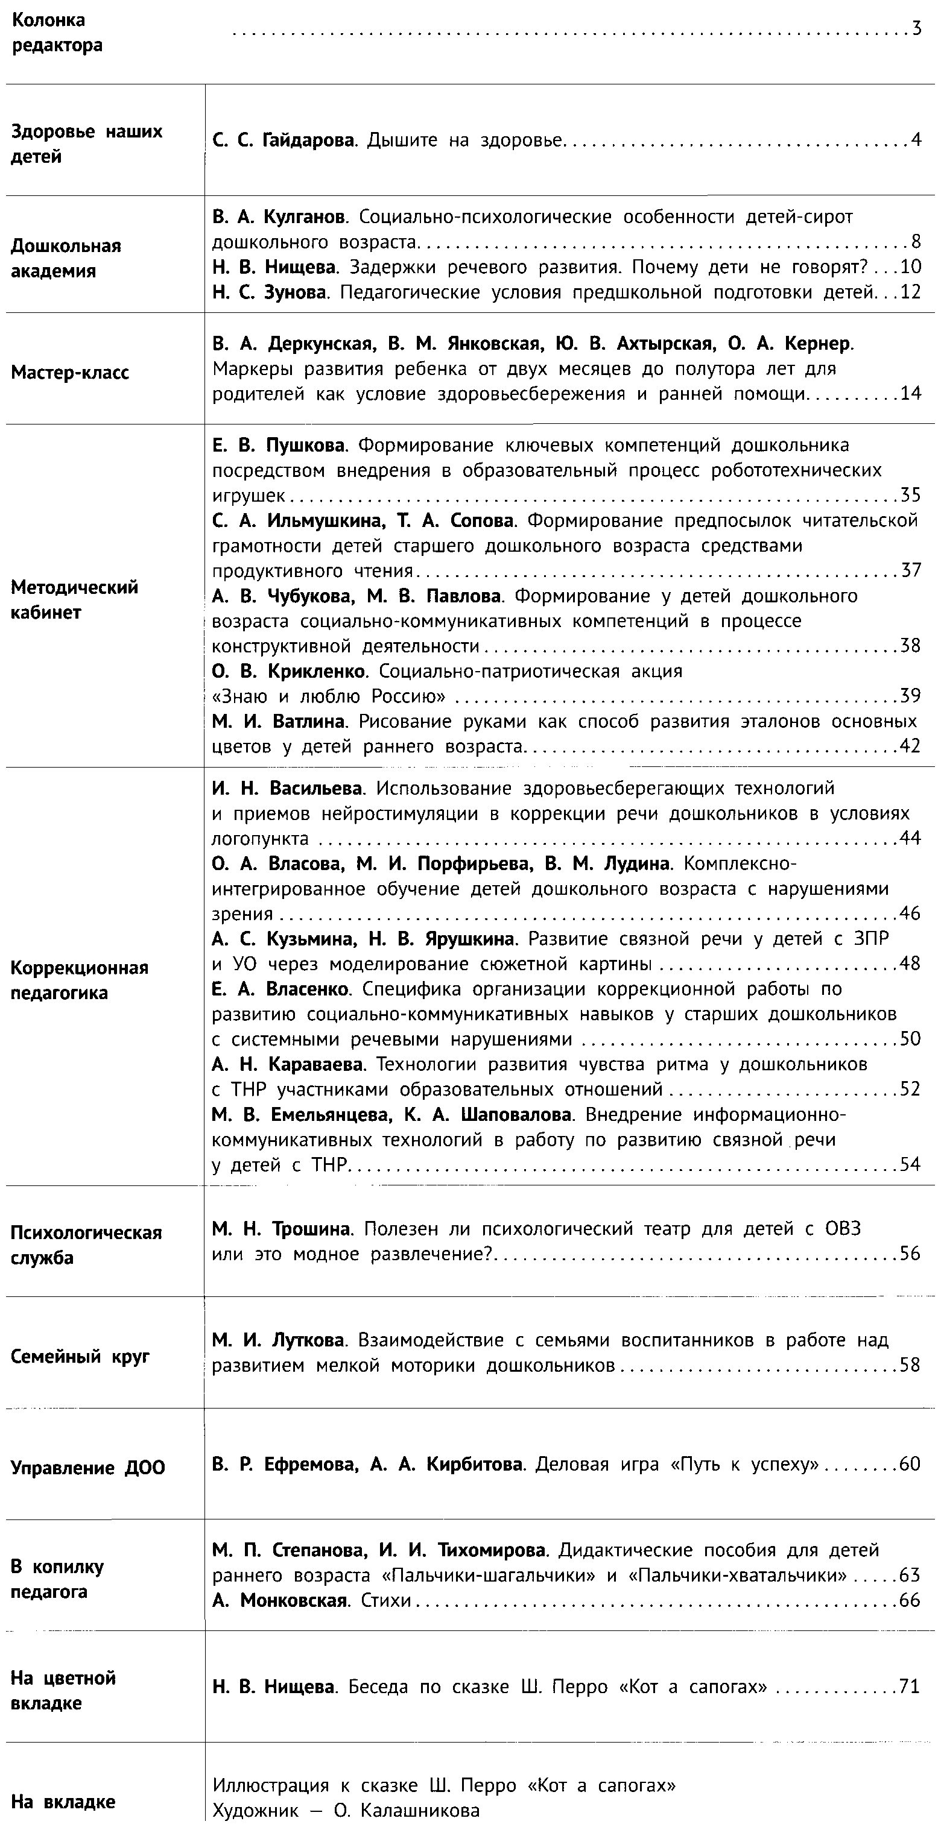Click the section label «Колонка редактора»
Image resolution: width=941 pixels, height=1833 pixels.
point(57,33)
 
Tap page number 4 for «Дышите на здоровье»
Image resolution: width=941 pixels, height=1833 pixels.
point(916,140)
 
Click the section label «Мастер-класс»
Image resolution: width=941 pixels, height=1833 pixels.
point(70,372)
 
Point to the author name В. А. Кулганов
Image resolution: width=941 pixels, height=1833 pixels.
point(279,216)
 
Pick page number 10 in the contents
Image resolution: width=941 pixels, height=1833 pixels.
point(910,267)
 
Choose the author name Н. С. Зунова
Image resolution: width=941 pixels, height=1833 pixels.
point(270,292)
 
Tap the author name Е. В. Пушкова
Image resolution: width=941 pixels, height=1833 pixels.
point(278,446)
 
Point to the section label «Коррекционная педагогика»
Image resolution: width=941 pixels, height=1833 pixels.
point(79,980)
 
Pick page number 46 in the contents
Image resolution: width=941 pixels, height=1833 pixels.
point(910,913)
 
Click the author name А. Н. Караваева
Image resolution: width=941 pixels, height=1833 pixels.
point(288,1064)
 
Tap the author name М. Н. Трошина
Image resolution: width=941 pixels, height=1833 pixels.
point(281,1229)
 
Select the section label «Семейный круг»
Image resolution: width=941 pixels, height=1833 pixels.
point(80,1356)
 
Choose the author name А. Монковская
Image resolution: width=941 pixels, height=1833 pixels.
point(279,1600)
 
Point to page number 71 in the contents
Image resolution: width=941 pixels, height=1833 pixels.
point(910,1686)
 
